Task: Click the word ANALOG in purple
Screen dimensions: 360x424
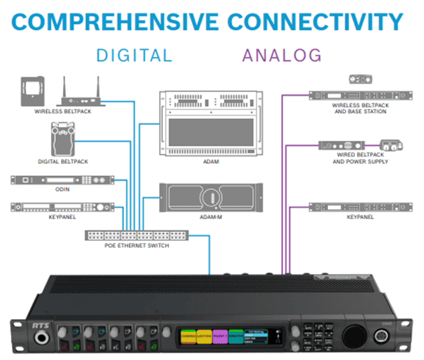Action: pos(282,54)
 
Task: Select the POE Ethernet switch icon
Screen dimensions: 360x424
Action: pos(138,236)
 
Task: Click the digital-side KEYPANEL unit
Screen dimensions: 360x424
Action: pos(61,208)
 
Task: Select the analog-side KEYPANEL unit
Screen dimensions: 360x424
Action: pos(358,207)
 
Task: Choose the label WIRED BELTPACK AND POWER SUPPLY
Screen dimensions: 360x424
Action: pos(359,158)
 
